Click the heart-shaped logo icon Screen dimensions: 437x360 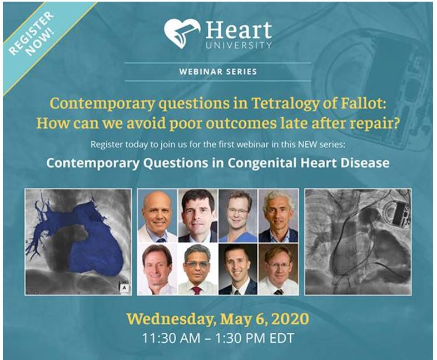coord(182,33)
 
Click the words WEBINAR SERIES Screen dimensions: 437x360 coord(218,72)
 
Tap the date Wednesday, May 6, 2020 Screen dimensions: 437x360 coord(218,319)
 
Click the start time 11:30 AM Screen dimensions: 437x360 coord(171,338)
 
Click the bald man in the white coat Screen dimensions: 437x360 coord(157,216)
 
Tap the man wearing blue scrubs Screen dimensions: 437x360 coord(239,216)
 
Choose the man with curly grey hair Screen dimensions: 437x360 coord(278,216)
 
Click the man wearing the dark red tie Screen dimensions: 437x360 coord(197,269)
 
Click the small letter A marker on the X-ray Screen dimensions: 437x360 coord(123,288)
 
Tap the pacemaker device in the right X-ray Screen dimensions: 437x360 coord(399,212)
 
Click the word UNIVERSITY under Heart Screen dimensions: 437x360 coord(239,45)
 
